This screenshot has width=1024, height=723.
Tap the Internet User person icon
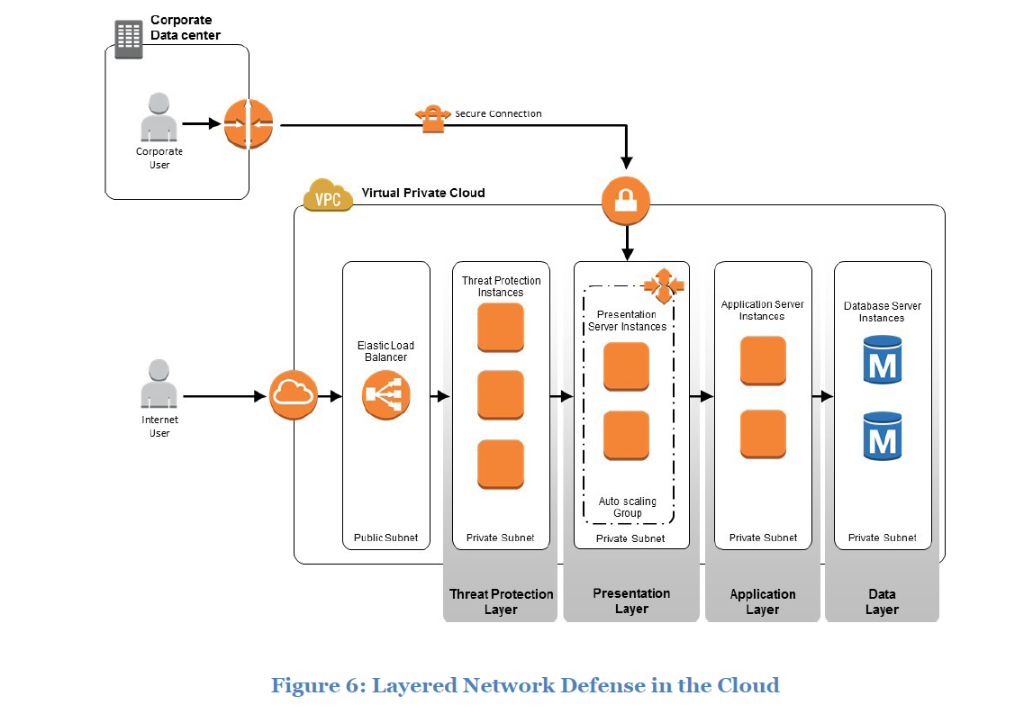pos(159,384)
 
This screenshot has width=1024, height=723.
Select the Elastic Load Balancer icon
pos(386,395)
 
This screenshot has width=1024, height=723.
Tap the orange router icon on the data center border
pos(248,124)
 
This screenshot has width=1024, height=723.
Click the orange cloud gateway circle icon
pos(294,394)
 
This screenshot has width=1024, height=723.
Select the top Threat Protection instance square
pos(500,328)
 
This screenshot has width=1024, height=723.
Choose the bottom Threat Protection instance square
pos(500,465)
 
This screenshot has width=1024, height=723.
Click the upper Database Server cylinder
pos(883,360)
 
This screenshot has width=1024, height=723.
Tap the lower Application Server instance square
pos(763,435)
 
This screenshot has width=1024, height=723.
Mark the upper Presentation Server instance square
pos(626,366)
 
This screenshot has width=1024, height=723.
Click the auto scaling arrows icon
pos(664,285)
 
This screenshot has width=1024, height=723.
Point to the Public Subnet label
pos(385,538)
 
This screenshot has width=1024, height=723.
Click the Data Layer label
pos(882,601)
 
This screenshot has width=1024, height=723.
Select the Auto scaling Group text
pos(628,507)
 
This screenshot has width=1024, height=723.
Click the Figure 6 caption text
pos(525,685)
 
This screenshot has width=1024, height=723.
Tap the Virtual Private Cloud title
pos(423,193)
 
